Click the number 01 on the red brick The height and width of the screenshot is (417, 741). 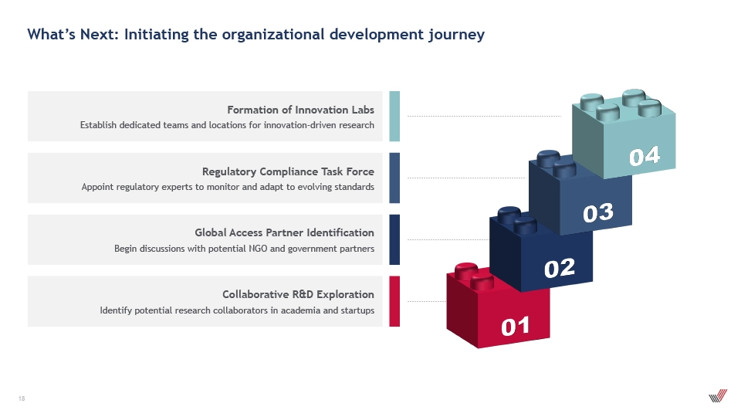[x=515, y=327]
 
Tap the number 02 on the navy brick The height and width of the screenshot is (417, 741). [x=560, y=268]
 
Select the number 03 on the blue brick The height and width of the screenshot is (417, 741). [x=598, y=213]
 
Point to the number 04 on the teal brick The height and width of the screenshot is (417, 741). [x=645, y=156]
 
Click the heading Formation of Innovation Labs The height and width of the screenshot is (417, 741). [x=300, y=110]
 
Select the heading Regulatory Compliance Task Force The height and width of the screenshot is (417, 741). [x=288, y=171]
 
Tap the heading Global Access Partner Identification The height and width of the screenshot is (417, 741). [x=285, y=232]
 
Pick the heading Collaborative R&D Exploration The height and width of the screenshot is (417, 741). [x=298, y=294]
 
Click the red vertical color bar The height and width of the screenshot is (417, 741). [x=394, y=301]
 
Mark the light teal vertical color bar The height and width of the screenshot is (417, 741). [x=394, y=117]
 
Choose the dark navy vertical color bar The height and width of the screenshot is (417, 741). [x=394, y=239]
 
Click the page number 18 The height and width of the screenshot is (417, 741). [x=22, y=398]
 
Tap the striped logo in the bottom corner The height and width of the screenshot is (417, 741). [x=718, y=395]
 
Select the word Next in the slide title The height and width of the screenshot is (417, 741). [x=100, y=34]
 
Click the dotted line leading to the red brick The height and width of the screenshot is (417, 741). [x=427, y=301]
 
